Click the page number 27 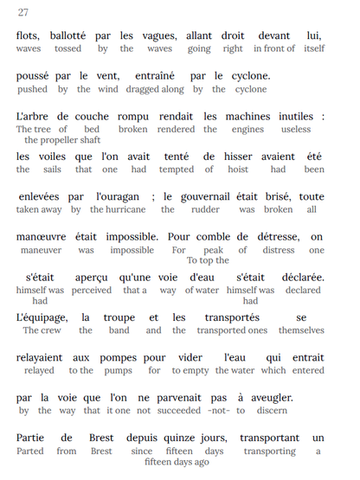tap(23, 12)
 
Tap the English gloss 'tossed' tap(70, 48)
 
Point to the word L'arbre tap(35, 116)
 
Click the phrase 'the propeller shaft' tap(62, 139)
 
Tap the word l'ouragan tap(119, 196)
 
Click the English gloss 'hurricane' tap(124, 209)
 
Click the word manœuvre tap(43, 236)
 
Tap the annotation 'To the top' tap(208, 259)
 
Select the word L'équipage tap(42, 317)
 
